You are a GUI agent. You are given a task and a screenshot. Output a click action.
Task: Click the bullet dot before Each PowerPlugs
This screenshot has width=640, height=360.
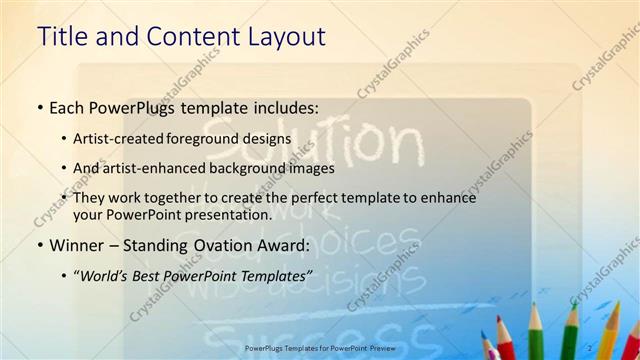click(39, 107)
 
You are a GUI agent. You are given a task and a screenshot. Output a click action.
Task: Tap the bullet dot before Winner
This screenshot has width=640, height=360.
click(39, 245)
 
